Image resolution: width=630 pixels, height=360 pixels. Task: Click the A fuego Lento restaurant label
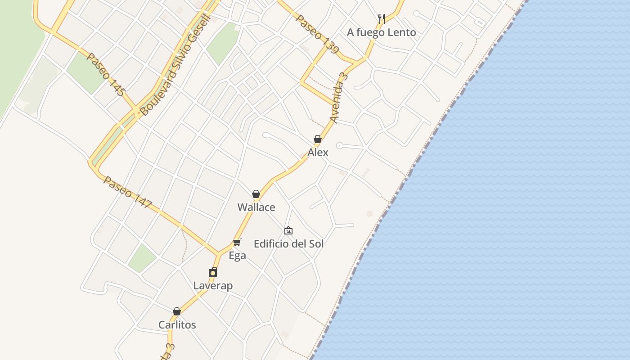click(x=381, y=32)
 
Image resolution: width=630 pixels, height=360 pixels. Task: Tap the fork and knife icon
click(x=381, y=18)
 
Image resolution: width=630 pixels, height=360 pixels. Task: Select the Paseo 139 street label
click(x=317, y=34)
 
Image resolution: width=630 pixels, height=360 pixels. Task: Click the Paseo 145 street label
click(x=105, y=74)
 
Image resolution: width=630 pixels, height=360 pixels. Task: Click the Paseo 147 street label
click(x=128, y=192)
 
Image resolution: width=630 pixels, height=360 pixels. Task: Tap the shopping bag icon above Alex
click(x=317, y=139)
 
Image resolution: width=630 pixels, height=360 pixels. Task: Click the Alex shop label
click(x=318, y=153)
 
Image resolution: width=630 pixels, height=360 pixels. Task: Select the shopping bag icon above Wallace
click(x=256, y=194)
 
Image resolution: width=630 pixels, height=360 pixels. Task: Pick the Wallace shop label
click(x=256, y=207)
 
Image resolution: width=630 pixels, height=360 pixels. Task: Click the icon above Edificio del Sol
click(x=288, y=230)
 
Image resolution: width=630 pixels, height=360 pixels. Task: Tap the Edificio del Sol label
click(x=288, y=244)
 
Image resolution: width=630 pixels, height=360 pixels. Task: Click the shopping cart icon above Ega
click(x=237, y=242)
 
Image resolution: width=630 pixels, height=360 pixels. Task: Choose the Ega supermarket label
click(x=237, y=256)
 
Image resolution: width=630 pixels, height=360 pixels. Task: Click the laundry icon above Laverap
click(x=213, y=272)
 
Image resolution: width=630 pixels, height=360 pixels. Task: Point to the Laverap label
click(x=213, y=286)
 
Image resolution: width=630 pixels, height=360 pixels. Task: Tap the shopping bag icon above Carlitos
click(x=177, y=311)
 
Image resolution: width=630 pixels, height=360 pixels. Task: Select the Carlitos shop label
click(x=177, y=325)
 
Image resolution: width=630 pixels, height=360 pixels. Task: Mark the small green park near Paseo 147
click(x=142, y=258)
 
